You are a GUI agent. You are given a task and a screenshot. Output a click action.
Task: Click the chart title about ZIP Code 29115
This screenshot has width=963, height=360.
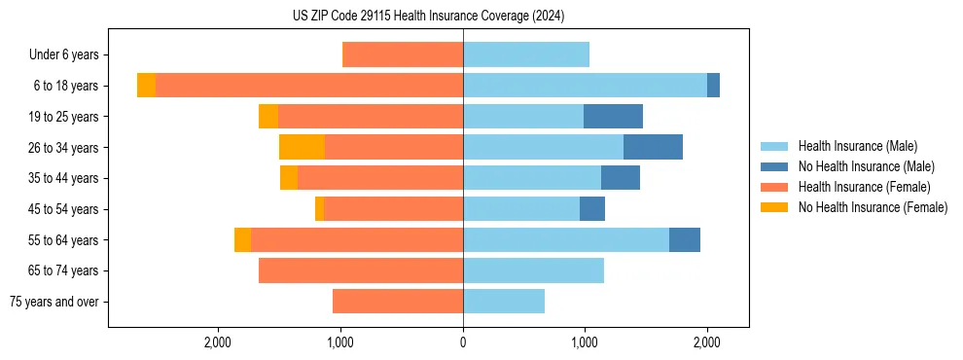click(428, 16)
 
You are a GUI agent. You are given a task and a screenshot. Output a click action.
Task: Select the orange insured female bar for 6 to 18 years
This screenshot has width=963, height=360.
click(309, 86)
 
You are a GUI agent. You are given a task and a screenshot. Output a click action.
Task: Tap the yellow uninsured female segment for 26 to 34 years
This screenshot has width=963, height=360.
click(302, 147)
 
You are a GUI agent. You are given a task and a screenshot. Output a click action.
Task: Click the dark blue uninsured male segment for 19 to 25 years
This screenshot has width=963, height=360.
click(613, 117)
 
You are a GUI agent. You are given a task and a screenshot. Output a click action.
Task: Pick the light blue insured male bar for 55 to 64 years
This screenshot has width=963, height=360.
click(566, 240)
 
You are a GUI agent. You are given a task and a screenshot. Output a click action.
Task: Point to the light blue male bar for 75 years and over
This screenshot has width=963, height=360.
click(504, 302)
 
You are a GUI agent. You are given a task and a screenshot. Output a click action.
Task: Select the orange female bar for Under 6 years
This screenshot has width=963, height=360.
click(403, 54)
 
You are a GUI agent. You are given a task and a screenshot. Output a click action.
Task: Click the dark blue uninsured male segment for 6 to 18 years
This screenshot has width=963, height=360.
click(713, 86)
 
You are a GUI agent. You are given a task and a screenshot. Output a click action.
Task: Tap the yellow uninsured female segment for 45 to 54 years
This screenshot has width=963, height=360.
click(319, 209)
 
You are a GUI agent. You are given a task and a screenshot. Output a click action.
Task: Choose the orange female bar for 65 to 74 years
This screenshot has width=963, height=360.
click(361, 270)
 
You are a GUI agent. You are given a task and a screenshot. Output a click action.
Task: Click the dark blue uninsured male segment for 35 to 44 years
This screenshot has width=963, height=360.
click(621, 178)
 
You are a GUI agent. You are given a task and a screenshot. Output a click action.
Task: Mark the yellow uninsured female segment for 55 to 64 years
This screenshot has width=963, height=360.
click(242, 240)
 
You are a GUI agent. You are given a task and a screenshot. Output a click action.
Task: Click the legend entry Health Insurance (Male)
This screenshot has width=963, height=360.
click(857, 146)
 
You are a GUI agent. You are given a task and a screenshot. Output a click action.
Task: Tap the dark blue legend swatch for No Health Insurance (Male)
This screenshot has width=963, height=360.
click(774, 166)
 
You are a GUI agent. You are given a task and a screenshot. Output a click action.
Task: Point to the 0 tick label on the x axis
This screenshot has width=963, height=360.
click(463, 342)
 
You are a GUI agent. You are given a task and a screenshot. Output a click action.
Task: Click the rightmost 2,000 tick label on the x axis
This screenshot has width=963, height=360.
click(707, 342)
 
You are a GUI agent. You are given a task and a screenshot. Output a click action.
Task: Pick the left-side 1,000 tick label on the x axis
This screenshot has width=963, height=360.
click(340, 342)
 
